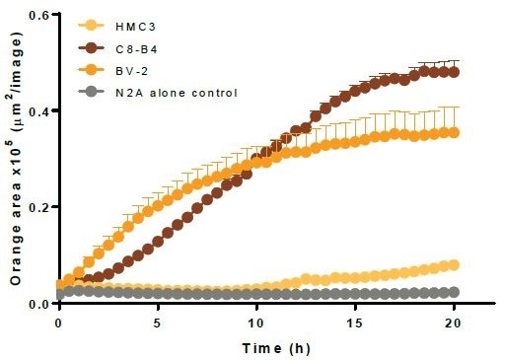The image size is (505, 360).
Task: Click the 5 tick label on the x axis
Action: (158, 323)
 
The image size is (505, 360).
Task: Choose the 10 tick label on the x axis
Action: (256, 323)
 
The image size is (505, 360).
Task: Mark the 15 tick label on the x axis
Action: (355, 323)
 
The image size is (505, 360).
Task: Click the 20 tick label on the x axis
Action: (454, 323)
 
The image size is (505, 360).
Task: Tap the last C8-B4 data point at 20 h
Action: (454, 71)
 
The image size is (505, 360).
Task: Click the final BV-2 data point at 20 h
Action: (454, 132)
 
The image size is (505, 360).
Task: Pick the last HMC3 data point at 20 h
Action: (454, 264)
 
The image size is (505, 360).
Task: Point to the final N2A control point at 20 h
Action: (454, 292)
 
